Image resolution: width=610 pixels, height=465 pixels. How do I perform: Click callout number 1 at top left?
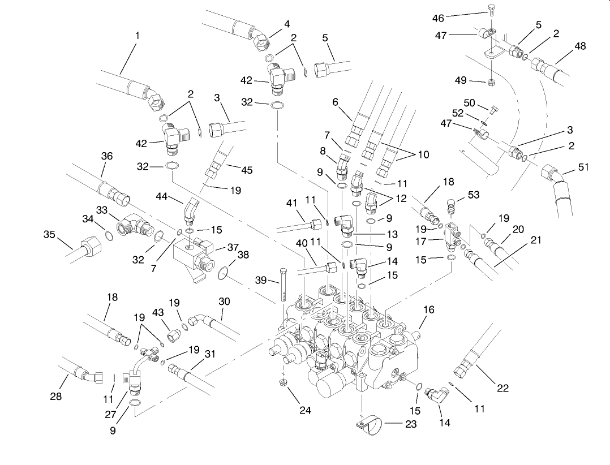click(x=138, y=35)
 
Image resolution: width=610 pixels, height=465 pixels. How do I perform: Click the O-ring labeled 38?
click(x=224, y=274)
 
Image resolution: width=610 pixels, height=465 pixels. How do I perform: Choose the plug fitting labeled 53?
click(x=452, y=205)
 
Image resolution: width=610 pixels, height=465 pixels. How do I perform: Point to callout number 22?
click(x=502, y=387)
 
